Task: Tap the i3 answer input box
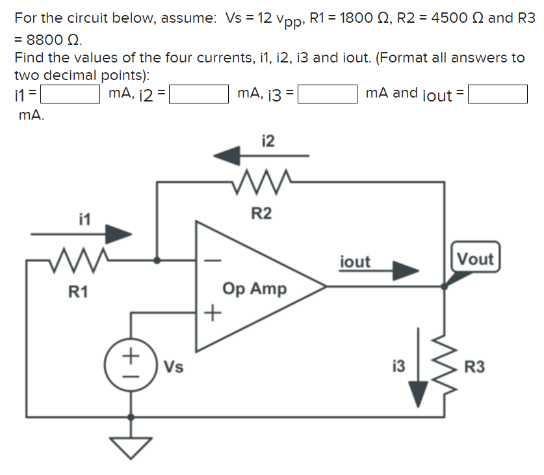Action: coord(327,95)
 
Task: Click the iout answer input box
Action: coord(497,95)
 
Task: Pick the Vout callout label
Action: coord(475,259)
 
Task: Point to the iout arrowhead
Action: coord(406,271)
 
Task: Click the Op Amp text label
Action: coord(254,288)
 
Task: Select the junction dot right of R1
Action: coord(157,260)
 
